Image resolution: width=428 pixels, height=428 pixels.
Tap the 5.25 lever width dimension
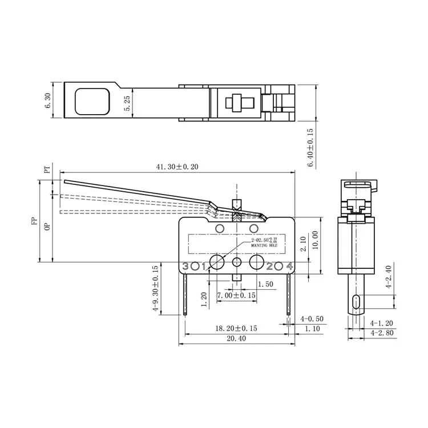click(x=127, y=103)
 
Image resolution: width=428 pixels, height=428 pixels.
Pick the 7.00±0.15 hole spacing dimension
click(x=236, y=296)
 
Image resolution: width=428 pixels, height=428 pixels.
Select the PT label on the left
click(x=47, y=170)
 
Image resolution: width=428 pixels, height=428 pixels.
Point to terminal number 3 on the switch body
click(x=185, y=265)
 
